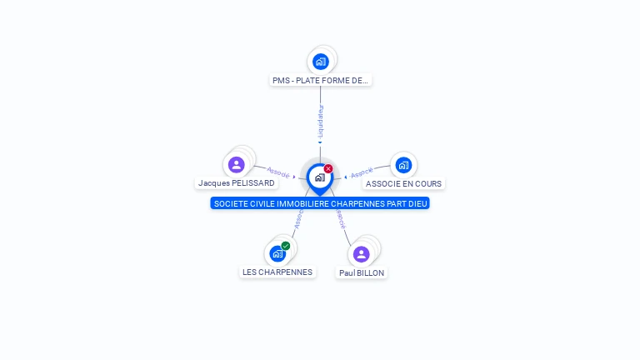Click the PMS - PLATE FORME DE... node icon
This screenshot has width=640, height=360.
coord(320,61)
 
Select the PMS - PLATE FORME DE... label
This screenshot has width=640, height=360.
coord(320,81)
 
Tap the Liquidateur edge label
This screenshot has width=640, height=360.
coord(321,122)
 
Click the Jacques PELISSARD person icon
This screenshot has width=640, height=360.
coord(236,164)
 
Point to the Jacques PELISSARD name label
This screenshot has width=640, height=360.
coord(237,182)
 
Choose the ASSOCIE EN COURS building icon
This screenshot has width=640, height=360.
coord(403,164)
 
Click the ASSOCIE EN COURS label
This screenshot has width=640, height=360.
coord(404,183)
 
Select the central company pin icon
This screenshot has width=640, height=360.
coord(319,177)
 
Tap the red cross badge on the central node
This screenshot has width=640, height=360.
coord(328,168)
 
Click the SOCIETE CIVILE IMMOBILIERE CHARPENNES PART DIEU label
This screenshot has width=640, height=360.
coord(320,203)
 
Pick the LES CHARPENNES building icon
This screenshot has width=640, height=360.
coord(277,253)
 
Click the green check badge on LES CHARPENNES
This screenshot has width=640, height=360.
coord(286,246)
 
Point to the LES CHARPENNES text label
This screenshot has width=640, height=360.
coord(277,272)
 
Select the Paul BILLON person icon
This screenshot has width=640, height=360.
coord(361,253)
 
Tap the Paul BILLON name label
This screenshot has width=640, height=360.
coord(362,272)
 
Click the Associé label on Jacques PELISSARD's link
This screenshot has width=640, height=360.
coord(278,172)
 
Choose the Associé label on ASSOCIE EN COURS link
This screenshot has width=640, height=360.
coord(362,172)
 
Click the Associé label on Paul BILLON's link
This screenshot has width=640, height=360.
coord(340,218)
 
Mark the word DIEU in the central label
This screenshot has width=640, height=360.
coord(417,203)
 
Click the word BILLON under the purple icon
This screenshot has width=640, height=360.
coord(371,272)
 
